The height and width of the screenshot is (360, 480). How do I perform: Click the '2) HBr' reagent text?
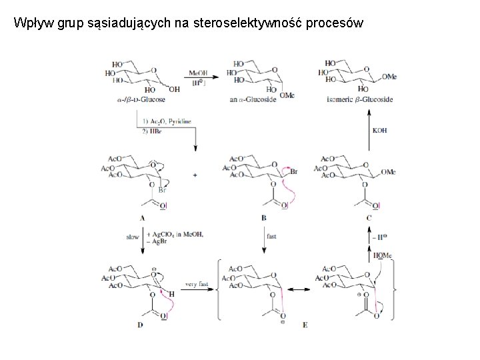click(x=155, y=131)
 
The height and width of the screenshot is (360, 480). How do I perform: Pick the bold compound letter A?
click(x=143, y=218)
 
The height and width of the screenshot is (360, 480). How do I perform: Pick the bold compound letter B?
click(x=264, y=218)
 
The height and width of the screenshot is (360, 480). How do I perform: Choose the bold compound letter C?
click(x=369, y=218)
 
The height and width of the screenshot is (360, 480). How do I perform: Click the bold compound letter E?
click(x=305, y=325)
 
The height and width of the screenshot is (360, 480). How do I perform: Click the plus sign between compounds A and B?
click(x=195, y=175)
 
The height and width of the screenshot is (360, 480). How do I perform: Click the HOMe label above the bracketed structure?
click(x=383, y=255)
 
